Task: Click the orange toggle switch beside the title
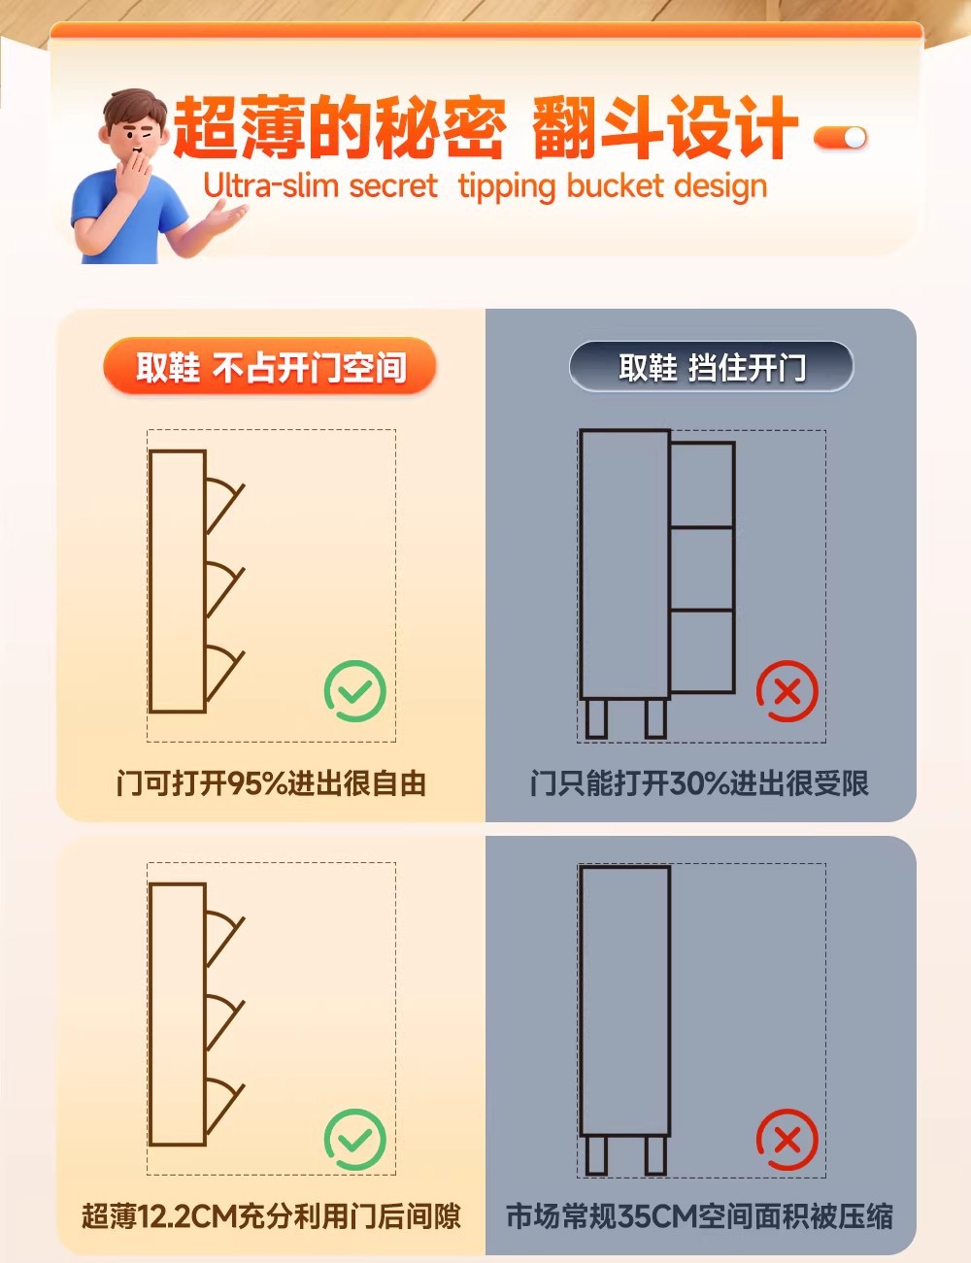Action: coord(840,138)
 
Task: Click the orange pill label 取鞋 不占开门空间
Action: coord(270,366)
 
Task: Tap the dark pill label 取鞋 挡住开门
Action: coord(711,366)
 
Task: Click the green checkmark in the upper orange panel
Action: coord(355,691)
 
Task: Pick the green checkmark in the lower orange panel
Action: coord(355,1139)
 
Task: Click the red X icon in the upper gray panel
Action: coord(787,691)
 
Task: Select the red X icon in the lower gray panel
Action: coord(787,1139)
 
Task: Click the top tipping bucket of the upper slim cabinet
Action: coord(222,502)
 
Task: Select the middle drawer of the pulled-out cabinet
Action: coord(702,569)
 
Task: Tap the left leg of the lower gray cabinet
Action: coord(596,1155)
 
